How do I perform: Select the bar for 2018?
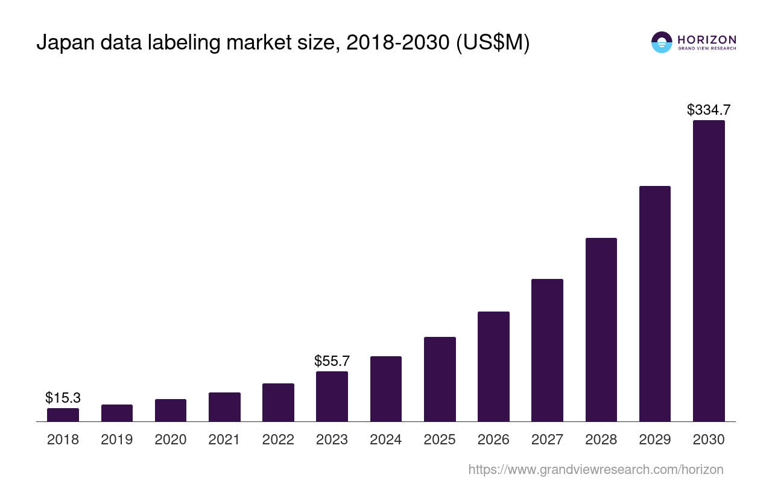coord(63,415)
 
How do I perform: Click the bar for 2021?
coord(224,407)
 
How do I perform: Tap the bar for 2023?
coord(332,397)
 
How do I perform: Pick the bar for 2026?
coord(493,366)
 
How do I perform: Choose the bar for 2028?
coord(601,330)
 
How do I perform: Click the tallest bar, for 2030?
coord(709,271)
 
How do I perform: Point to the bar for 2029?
coord(654,304)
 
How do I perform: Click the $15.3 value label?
coord(63,398)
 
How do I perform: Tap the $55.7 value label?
coord(332,361)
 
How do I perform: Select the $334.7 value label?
coord(709,110)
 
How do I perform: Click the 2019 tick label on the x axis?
coord(116,440)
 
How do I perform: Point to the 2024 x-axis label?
coord(385,440)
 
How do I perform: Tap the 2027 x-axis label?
coord(547,440)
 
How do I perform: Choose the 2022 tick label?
coord(278,440)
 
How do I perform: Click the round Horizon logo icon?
coord(662,42)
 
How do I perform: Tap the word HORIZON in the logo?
coord(706,40)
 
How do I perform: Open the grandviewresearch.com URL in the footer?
coord(595,469)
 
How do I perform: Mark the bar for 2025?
coord(440,379)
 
